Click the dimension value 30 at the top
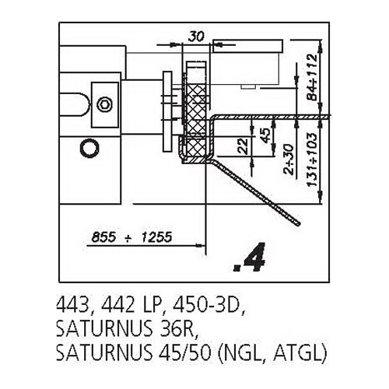click(196, 37)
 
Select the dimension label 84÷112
click(311, 77)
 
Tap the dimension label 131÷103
click(311, 159)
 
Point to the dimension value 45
click(265, 135)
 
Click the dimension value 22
click(244, 145)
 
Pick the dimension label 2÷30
click(289, 159)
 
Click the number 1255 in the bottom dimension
click(156, 237)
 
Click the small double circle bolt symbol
click(104, 104)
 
